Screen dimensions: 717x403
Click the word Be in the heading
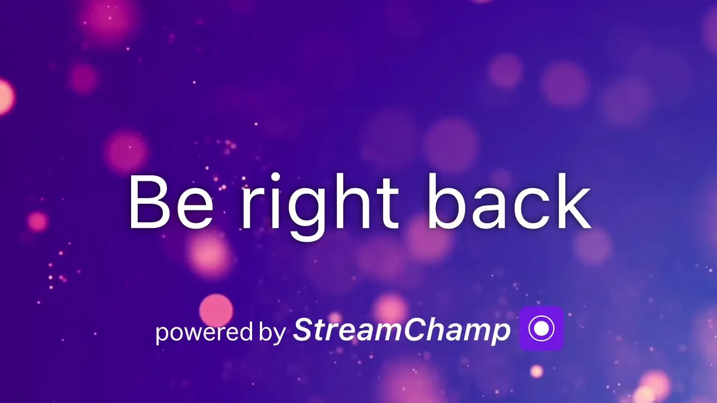click(x=171, y=202)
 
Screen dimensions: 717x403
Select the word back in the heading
click(x=509, y=201)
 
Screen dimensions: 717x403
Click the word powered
click(x=204, y=332)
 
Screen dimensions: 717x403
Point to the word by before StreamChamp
click(x=272, y=332)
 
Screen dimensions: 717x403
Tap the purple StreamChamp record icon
click(x=542, y=328)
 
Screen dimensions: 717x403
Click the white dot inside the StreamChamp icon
click(x=542, y=328)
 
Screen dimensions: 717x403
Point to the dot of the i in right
click(x=275, y=178)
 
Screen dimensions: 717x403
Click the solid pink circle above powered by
click(x=216, y=310)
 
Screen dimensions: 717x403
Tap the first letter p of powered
click(x=162, y=335)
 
